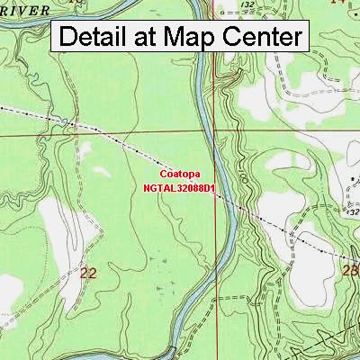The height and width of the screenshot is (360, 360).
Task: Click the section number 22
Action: (87, 271)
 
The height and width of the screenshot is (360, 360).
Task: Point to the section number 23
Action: (352, 269)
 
